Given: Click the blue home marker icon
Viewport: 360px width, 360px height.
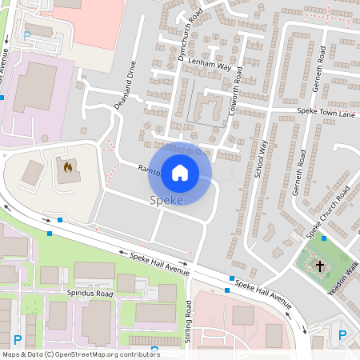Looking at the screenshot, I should coord(180,172).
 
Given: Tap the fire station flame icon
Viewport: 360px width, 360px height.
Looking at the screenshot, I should coord(68,168).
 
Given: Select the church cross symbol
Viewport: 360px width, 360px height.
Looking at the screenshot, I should coord(321,265).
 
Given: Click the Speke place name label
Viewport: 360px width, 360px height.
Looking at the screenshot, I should coord(166,200).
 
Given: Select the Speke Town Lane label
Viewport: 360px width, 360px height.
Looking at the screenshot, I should coord(325,113).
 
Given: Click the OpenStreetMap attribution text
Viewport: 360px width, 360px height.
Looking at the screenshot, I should coord(80,354).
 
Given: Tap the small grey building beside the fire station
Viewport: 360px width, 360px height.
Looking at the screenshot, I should coord(33,172).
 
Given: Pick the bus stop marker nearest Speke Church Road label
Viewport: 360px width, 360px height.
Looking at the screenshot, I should coord(323,238).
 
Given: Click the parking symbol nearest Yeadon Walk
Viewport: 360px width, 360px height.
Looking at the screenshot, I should coord(342,335).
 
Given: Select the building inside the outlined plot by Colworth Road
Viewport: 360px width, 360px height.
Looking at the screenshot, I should coord(210,108).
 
